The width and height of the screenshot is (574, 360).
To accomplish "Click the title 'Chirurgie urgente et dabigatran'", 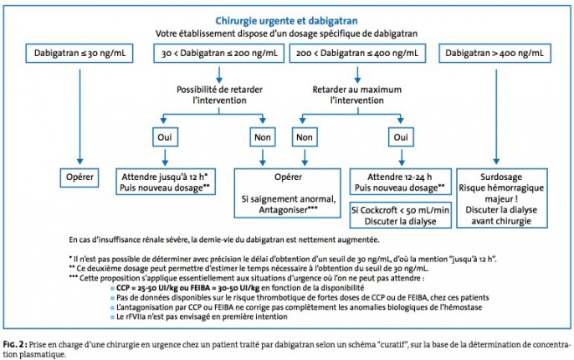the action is click(286, 21).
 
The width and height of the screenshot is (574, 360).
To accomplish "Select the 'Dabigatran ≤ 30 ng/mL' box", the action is click(79, 54).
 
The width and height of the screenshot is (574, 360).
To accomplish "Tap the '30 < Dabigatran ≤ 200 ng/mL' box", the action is click(219, 54).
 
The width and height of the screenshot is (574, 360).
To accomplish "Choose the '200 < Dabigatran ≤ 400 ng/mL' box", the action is click(357, 54).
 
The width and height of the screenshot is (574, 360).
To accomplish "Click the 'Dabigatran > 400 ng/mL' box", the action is click(495, 54).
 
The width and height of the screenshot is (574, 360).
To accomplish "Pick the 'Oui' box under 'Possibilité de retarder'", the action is click(165, 137).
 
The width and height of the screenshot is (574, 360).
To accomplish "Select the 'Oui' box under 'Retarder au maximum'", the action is click(401, 137).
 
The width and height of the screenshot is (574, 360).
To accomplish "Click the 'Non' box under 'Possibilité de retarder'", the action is click(263, 137).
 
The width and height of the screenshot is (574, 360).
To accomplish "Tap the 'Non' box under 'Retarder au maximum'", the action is click(305, 137).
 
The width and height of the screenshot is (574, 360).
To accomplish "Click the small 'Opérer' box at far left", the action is click(79, 177).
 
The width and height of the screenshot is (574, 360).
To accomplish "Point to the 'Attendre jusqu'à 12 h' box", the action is click(166, 182).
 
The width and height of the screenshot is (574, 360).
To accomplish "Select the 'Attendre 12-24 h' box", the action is click(401, 182).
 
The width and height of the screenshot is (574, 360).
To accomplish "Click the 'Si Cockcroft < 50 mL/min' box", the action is click(401, 215).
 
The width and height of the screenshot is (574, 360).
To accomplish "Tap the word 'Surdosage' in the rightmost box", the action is click(501, 177).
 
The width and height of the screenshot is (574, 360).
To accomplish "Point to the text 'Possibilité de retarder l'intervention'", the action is click(219, 95).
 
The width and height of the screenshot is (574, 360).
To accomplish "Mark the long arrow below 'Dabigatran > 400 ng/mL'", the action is click(496, 117).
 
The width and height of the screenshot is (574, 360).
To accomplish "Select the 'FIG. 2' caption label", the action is click(15, 345).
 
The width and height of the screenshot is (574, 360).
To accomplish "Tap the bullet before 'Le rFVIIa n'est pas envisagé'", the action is click(112, 317).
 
